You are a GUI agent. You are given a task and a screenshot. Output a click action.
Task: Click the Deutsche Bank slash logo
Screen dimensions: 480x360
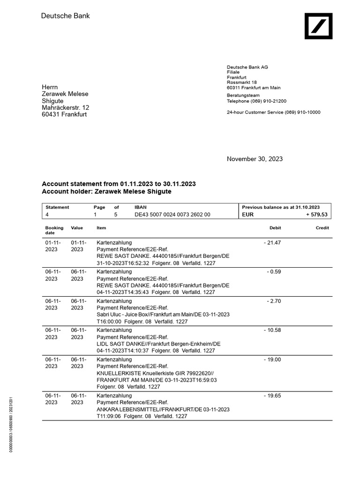tap(319, 26)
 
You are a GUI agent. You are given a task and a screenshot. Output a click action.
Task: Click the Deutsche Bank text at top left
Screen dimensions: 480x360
tap(65, 16)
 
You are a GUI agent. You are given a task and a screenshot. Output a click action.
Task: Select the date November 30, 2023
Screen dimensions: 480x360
tap(255, 159)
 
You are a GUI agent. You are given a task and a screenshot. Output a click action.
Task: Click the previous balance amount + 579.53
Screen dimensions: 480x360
tap(317, 214)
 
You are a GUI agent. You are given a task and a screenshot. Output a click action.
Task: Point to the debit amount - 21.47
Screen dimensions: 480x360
tap(272, 242)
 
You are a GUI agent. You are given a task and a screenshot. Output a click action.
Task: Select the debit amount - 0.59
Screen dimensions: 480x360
tap(274, 271)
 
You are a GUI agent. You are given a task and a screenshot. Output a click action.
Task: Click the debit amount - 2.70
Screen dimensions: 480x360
tap(274, 301)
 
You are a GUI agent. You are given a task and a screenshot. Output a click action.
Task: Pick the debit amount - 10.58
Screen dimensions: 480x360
tap(272, 330)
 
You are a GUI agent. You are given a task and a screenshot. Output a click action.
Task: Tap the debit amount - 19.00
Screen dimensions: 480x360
tap(272, 359)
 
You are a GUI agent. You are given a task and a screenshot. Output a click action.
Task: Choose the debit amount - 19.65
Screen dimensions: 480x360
tap(272, 396)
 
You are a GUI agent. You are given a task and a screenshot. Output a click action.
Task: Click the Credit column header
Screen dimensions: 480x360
tap(322, 228)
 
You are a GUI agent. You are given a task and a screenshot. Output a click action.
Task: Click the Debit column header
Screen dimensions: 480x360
tap(275, 228)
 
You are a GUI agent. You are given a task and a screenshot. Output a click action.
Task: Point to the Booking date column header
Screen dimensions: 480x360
tap(54, 230)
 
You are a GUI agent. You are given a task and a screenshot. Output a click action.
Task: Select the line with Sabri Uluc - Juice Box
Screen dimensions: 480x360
tap(163, 314)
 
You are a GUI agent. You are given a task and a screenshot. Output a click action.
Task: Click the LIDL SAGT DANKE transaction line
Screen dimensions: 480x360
tap(158, 344)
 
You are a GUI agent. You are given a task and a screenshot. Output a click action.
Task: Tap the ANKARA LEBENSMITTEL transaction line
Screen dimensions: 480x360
tap(163, 409)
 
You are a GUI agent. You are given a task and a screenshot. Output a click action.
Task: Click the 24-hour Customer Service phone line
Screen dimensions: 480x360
tap(273, 112)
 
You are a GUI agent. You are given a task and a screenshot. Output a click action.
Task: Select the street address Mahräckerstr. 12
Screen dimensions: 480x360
tap(65, 108)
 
